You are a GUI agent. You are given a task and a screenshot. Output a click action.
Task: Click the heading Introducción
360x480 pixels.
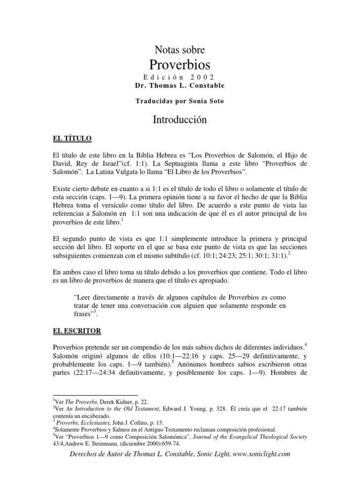(180, 120)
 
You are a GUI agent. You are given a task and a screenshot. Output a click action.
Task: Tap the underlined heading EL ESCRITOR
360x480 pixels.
(77, 331)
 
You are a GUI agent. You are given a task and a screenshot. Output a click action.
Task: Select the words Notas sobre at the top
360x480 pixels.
(180, 49)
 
